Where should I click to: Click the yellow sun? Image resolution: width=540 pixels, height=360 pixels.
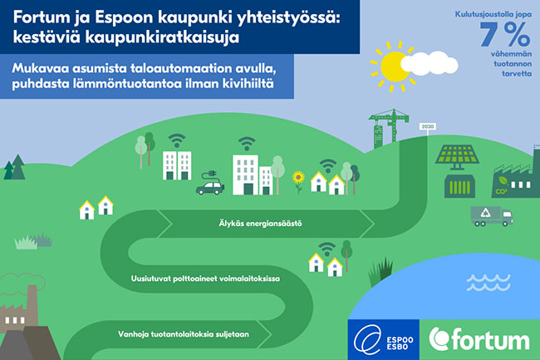click(393, 67)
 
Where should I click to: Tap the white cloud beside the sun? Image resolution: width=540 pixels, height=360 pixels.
click(430, 63)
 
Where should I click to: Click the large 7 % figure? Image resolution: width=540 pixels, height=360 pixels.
click(505, 34)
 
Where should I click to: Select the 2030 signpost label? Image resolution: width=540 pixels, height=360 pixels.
click(427, 126)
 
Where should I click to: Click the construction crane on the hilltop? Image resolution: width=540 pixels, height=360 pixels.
click(389, 126)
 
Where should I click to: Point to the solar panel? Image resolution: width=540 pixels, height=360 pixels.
click(457, 157)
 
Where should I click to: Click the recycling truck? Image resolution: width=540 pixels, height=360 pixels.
click(492, 216)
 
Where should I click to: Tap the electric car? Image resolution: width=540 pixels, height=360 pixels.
click(210, 188)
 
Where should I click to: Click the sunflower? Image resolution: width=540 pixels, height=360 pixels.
click(298, 181)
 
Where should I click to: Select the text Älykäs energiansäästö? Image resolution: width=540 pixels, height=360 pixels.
click(260, 224)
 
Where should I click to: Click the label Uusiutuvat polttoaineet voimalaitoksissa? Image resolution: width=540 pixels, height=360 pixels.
click(205, 279)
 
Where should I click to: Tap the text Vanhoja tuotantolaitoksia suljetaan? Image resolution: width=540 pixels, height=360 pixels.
click(184, 334)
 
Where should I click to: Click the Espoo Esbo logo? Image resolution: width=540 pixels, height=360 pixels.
click(383, 340)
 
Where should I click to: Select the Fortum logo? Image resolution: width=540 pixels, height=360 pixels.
click(479, 340)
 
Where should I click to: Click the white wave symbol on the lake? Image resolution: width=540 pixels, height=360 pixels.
click(488, 282)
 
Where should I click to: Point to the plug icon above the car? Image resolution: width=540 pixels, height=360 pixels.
click(209, 175)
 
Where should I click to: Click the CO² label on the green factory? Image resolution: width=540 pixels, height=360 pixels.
click(501, 191)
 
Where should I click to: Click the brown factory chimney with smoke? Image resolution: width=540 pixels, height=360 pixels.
click(32, 303)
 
